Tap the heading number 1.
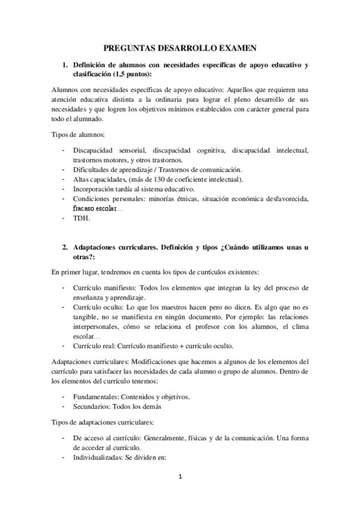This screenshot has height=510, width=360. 65,65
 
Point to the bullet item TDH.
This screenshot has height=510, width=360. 81,218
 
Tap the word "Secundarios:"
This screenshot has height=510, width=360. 92,406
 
